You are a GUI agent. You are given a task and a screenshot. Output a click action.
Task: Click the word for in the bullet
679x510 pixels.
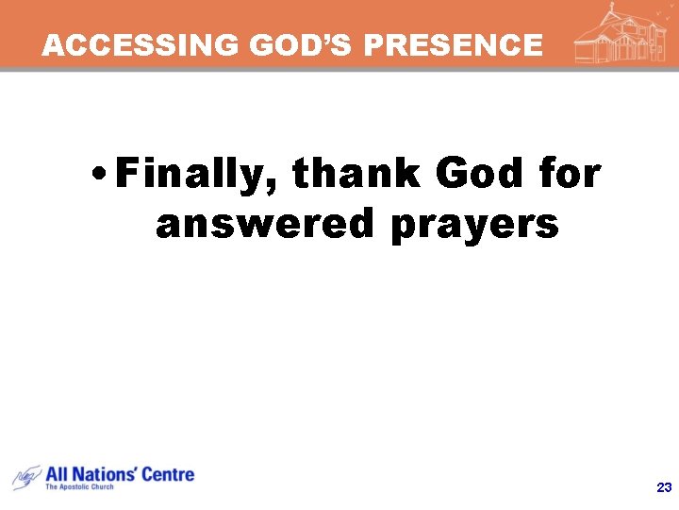coord(568,175)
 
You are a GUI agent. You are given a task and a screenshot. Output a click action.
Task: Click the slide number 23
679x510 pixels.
coord(663,487)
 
